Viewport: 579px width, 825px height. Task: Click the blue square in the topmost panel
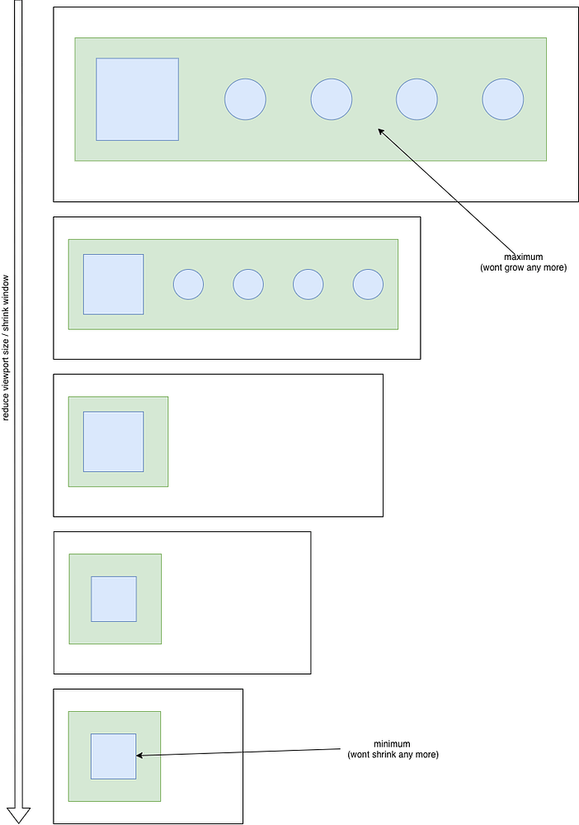point(137,99)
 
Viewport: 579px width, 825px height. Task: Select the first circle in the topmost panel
point(245,99)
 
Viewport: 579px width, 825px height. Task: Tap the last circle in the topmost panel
point(502,99)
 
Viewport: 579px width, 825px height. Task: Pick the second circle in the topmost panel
point(331,99)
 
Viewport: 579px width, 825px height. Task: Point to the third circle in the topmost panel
point(417,99)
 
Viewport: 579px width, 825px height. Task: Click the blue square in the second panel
point(113,284)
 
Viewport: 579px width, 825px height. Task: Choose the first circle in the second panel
point(188,284)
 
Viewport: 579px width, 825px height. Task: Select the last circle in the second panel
point(368,284)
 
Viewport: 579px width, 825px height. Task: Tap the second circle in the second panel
point(248,284)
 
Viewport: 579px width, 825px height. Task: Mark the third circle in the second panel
point(308,284)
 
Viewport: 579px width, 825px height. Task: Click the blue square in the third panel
point(113,441)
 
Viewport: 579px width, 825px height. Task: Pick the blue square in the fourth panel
point(113,599)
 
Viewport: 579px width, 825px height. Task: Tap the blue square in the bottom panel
point(113,756)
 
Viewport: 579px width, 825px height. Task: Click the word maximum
point(523,257)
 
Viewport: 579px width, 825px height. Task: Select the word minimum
point(392,743)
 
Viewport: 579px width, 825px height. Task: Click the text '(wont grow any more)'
point(523,268)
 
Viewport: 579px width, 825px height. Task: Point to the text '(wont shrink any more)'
point(393,755)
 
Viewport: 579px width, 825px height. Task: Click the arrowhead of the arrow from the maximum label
point(381,131)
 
